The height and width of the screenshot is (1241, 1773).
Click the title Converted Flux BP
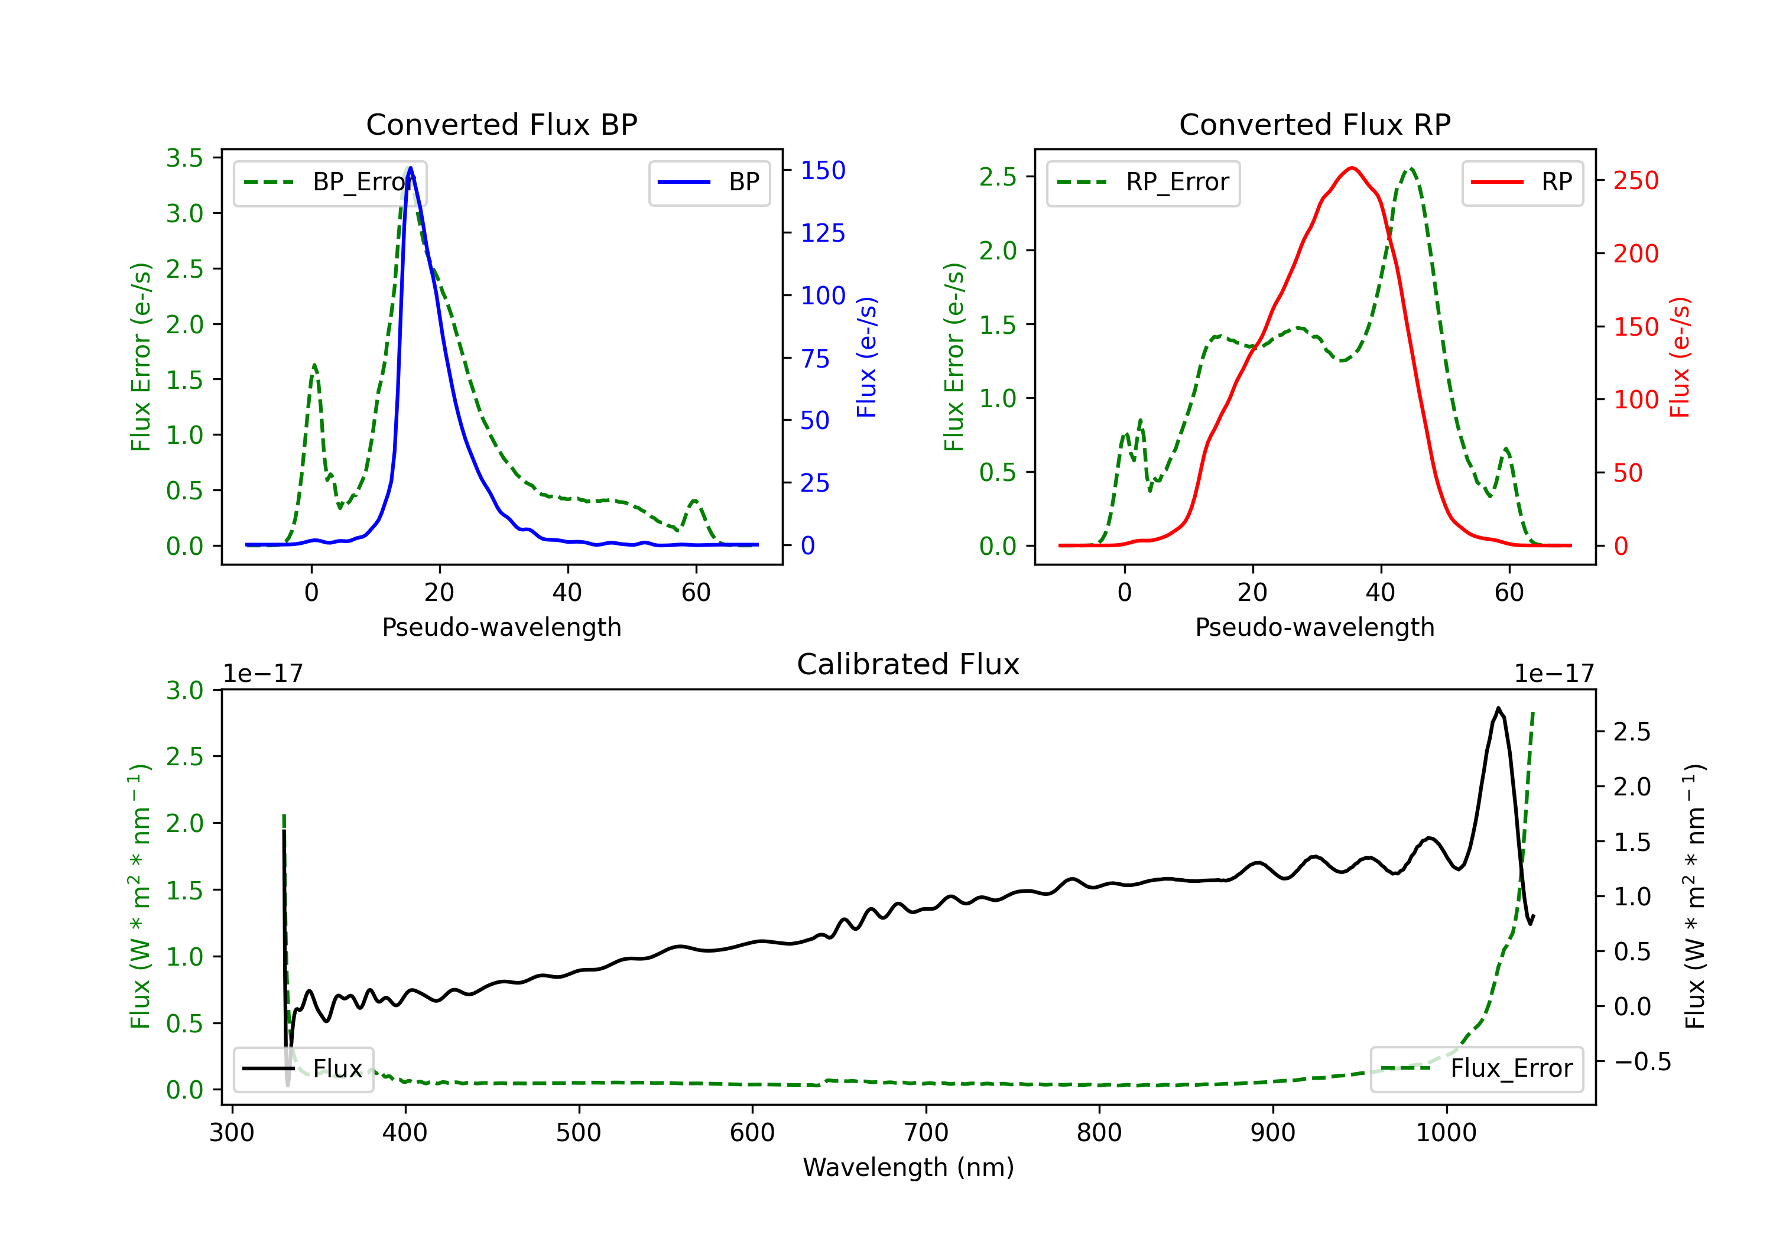(x=501, y=124)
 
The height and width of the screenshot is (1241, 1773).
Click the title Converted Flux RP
(x=1314, y=124)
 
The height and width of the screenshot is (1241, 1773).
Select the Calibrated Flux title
(x=908, y=664)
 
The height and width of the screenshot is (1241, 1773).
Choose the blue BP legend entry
(x=709, y=182)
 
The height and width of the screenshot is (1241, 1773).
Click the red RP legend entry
(x=1522, y=182)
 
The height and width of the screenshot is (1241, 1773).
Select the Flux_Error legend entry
(x=1476, y=1069)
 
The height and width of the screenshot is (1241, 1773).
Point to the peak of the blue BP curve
(x=410, y=168)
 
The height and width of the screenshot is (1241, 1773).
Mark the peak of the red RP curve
(x=1352, y=168)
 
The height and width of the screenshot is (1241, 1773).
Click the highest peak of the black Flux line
(x=1498, y=707)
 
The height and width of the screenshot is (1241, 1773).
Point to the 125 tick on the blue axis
(x=823, y=232)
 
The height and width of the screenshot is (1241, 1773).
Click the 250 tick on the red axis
(x=1635, y=181)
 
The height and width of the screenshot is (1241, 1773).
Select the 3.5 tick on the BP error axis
(x=184, y=158)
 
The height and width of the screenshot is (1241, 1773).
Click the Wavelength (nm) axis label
(x=908, y=1168)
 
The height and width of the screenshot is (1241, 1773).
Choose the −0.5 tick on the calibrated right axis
(x=1642, y=1062)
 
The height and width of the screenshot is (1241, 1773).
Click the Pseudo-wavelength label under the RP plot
(x=1314, y=628)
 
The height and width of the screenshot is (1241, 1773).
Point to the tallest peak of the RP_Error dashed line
(x=1411, y=168)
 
